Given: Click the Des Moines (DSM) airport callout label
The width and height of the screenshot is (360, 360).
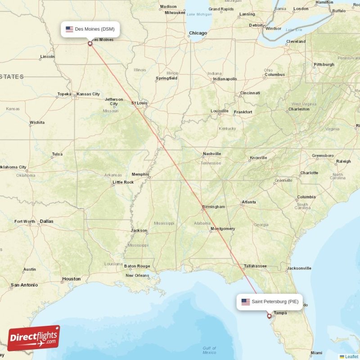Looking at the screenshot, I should tap(90, 29).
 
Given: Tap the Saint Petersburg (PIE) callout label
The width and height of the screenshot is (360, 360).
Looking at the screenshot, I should tap(270, 302).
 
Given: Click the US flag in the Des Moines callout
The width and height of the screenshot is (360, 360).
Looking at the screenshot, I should tap(69, 29).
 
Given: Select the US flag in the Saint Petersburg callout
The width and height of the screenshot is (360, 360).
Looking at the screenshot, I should tap(245, 302).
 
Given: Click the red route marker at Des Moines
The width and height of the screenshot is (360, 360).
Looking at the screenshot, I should tap(90, 44).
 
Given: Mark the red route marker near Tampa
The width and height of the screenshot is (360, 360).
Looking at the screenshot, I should tap(269, 316).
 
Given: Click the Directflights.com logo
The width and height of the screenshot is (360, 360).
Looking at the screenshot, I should tap(34, 338).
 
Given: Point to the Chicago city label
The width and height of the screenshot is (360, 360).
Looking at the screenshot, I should tap(198, 33).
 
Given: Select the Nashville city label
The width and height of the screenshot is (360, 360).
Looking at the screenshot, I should tap(211, 153).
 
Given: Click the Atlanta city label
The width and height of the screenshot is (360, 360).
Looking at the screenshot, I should tap(248, 202).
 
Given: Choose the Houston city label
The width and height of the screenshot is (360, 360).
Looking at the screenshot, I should tap(71, 279).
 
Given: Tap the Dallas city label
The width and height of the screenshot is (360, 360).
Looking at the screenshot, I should tap(46, 221).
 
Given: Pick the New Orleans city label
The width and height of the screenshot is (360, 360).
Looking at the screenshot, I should tap(137, 275).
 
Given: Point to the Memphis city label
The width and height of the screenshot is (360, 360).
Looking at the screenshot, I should tap(140, 174).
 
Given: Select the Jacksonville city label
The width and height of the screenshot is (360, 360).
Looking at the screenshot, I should tap(299, 268).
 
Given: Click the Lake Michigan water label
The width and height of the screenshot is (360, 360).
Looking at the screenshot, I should tap(199, 14).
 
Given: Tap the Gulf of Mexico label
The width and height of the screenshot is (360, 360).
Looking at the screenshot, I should tap(209, 351).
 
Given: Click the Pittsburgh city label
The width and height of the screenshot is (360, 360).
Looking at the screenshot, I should tap(324, 64).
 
